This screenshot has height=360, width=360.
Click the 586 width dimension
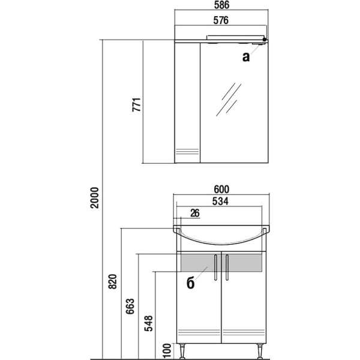(221, 5)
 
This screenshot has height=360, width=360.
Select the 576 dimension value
(221, 20)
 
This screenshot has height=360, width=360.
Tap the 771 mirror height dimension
(136, 104)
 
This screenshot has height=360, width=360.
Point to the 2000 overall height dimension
(94, 197)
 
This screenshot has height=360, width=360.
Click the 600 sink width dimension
(221, 190)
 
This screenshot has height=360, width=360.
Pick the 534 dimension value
(220, 202)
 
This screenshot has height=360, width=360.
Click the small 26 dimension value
(195, 213)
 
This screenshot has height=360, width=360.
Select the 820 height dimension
(113, 281)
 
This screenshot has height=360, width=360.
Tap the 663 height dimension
(130, 306)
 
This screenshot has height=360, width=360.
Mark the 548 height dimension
(148, 323)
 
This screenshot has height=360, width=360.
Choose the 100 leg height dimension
(167, 350)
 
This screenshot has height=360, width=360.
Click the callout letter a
(246, 57)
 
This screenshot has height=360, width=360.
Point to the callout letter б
(191, 283)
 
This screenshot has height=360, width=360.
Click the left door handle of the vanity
(215, 267)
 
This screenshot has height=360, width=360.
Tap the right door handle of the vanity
(227, 267)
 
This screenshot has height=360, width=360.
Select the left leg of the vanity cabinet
(183, 351)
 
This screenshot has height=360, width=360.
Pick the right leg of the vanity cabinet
(260, 351)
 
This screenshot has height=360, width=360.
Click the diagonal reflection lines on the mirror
(229, 100)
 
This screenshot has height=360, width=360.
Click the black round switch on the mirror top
(265, 40)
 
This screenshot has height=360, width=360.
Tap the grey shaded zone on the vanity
(221, 262)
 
